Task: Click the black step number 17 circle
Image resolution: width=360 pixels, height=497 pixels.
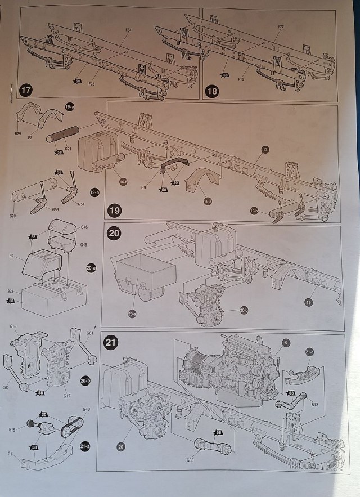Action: (x=26, y=90)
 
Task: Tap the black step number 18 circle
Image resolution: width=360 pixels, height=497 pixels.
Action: (x=213, y=90)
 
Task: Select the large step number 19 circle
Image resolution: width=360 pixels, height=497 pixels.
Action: (x=115, y=211)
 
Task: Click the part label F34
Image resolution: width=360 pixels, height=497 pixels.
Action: (x=129, y=29)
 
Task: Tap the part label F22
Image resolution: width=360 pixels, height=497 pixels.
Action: (x=281, y=26)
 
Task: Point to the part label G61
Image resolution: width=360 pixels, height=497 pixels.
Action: (x=89, y=333)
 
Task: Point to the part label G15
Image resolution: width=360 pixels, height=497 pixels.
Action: (x=12, y=430)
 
